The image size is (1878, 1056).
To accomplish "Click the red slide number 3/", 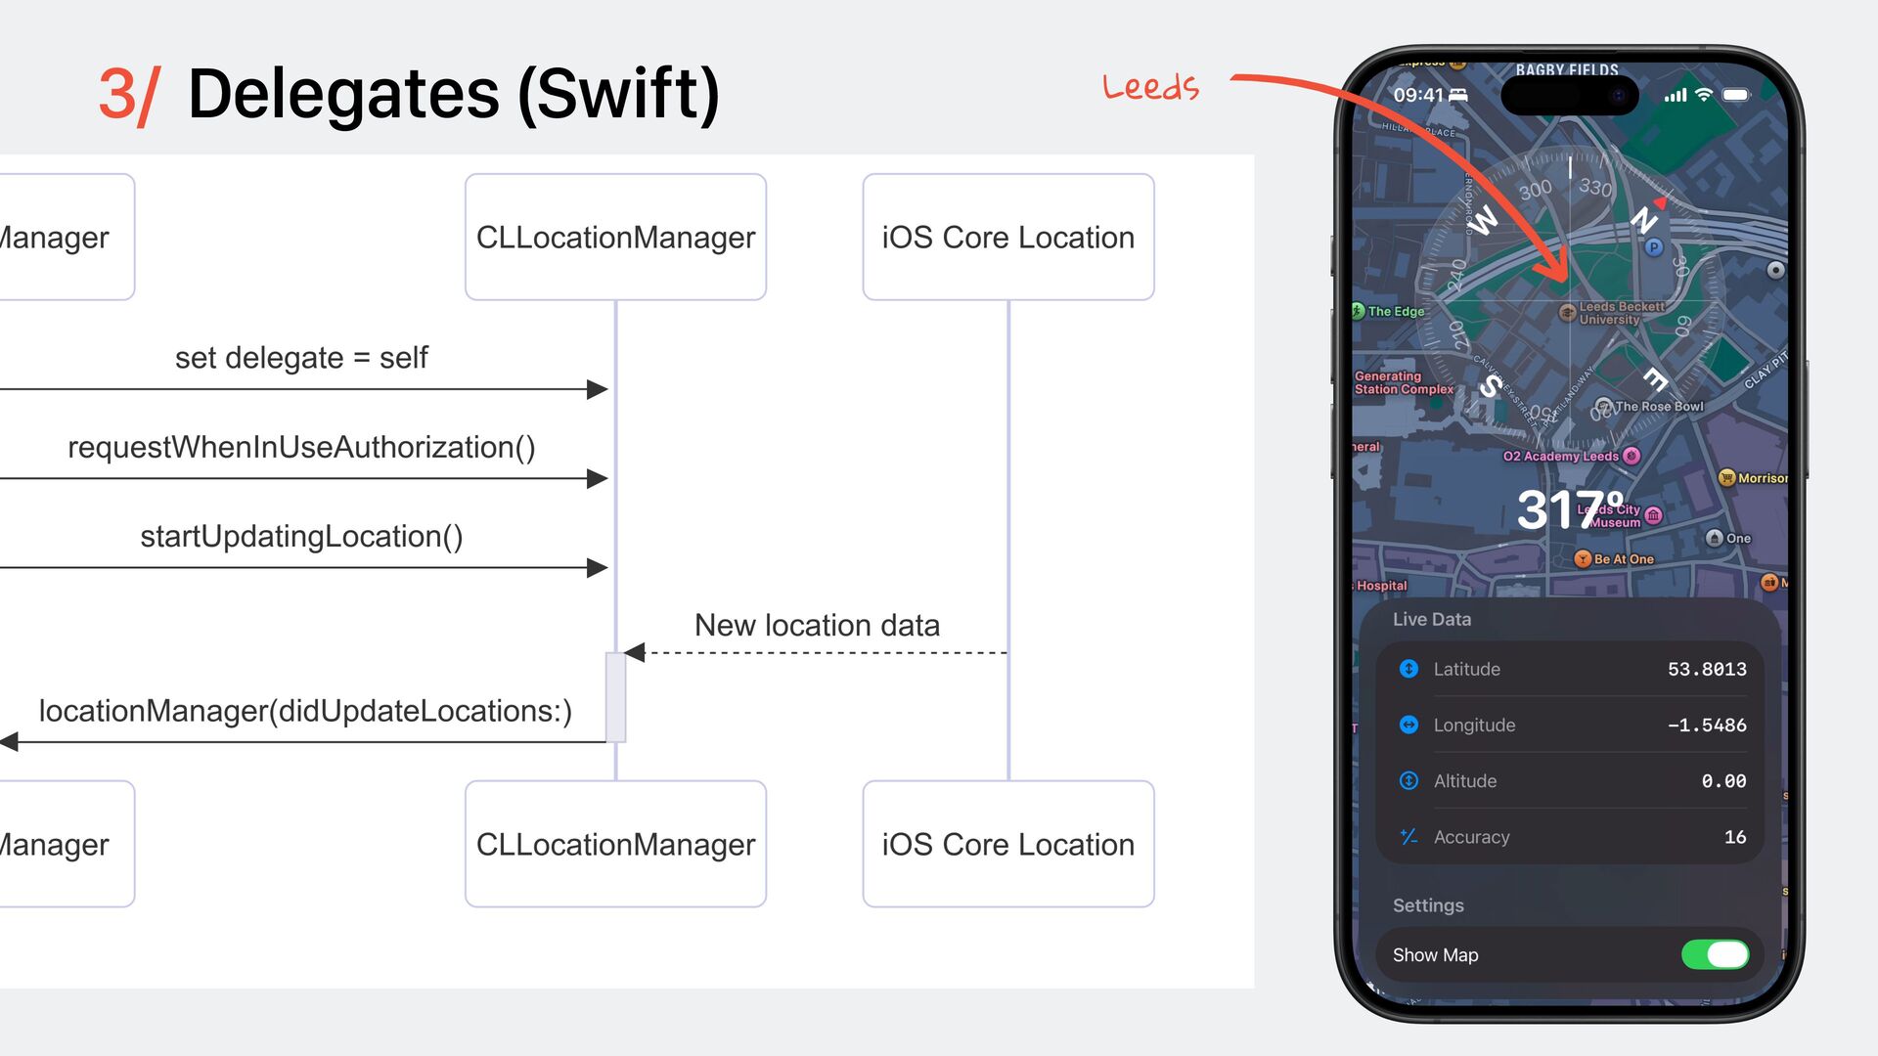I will coord(128,96).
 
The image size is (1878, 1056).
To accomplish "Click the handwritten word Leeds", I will coord(1150,87).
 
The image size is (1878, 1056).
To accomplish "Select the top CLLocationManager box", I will coord(615,238).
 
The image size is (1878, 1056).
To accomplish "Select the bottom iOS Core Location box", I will coord(1007,844).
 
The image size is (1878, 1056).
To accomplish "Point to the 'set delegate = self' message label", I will coord(301,358).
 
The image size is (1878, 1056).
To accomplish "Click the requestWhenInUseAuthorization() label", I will coord(301,447).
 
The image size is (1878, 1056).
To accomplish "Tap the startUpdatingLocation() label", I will coord(301,536).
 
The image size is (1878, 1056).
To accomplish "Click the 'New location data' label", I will coord(817,625).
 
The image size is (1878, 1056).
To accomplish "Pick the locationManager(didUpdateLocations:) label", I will coord(305,711).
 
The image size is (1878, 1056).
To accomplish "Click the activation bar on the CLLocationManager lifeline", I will coord(615,697).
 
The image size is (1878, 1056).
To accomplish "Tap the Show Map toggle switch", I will coord(1715,954).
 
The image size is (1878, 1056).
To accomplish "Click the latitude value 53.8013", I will coord(1707,669).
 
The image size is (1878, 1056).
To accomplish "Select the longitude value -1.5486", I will coord(1707,725).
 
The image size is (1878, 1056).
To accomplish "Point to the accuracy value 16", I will coord(1735,837).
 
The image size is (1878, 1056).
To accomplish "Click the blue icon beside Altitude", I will coord(1408,780).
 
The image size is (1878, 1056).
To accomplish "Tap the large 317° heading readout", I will coord(1570,509).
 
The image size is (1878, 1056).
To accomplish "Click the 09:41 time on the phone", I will coord(1418,95).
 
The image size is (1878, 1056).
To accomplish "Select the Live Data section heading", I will coord(1432,619).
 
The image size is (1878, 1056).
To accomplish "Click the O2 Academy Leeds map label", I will coord(1561,457).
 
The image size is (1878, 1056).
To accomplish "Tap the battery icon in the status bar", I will coord(1736,95).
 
